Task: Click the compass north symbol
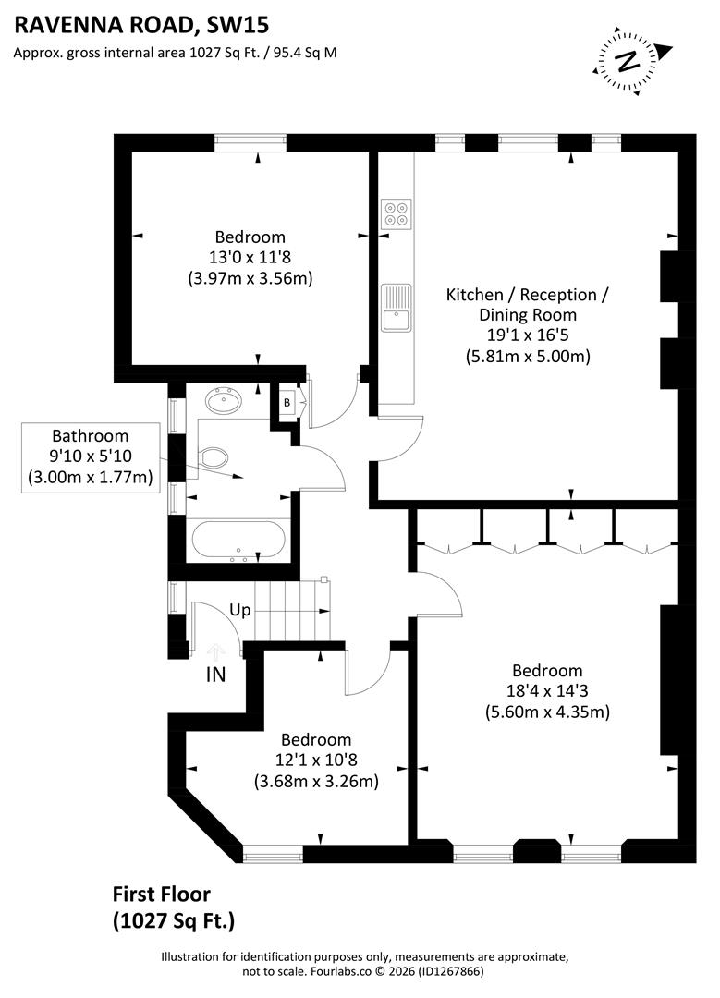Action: tap(628, 61)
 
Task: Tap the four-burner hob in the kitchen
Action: tap(396, 213)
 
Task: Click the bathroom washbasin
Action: tap(223, 402)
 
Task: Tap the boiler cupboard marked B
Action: tap(287, 402)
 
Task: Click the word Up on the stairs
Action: tap(239, 611)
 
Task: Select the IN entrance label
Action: tap(215, 675)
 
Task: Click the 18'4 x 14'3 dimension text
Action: tap(547, 691)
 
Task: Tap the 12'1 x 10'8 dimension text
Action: tap(316, 761)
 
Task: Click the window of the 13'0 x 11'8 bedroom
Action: tap(250, 142)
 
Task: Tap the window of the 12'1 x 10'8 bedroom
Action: tap(273, 851)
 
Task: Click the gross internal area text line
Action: tap(175, 53)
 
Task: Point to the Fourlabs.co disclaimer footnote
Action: tap(365, 964)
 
